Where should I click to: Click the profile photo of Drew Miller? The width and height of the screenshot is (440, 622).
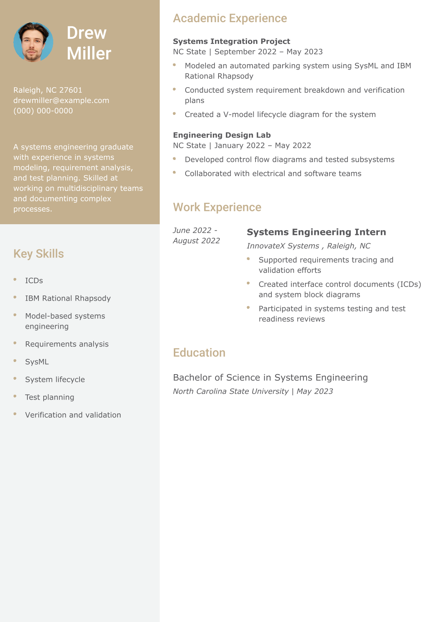point(33,42)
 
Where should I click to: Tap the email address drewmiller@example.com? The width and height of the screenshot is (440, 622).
point(61,100)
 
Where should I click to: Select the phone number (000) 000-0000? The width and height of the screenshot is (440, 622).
point(43,111)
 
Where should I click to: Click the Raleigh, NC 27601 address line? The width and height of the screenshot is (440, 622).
point(48,90)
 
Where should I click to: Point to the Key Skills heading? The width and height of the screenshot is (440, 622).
point(38,254)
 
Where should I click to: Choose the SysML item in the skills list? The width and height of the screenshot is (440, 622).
point(37,362)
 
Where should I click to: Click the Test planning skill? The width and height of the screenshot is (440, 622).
point(50,397)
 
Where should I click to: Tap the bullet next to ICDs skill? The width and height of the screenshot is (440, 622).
point(15,280)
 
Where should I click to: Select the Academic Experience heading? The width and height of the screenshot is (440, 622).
point(230,18)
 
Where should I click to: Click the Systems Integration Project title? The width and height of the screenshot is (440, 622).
point(231,41)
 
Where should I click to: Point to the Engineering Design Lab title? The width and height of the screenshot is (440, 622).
point(222,135)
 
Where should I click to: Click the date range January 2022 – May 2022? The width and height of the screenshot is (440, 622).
point(263,146)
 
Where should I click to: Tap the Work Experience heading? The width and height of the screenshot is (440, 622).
point(217,207)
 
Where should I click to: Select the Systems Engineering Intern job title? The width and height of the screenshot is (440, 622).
point(316,232)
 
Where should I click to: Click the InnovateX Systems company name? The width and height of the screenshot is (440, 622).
point(283,246)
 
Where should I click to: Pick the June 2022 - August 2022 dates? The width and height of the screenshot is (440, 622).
point(196,236)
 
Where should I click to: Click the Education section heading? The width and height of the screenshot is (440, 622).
point(199,353)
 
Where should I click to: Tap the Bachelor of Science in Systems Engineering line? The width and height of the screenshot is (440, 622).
point(270,377)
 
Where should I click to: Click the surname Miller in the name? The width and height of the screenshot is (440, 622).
point(89,54)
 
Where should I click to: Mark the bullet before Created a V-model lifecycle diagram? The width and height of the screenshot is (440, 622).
point(174,114)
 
